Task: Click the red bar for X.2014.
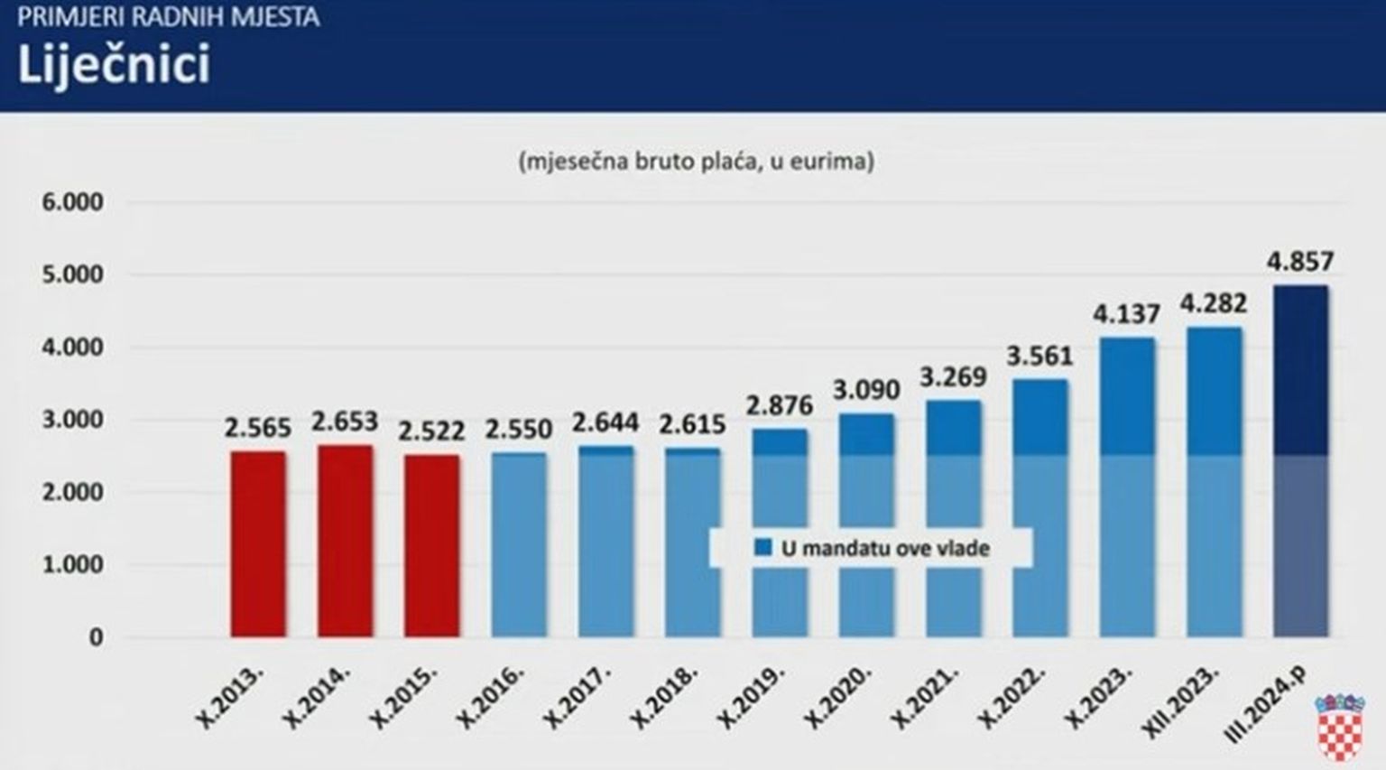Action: point(345,542)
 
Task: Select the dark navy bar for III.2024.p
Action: point(1300,460)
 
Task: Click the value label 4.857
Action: point(1300,262)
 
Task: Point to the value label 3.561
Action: point(1039,357)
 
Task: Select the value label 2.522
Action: point(431,431)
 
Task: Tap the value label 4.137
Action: point(1126,314)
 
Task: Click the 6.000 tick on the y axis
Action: point(72,202)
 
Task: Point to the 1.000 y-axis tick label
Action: point(72,565)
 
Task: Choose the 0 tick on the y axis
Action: point(96,637)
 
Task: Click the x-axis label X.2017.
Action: point(577,696)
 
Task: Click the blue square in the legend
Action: point(763,548)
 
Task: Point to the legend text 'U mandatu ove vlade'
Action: point(885,548)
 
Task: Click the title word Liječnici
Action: point(114,65)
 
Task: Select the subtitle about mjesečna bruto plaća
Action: point(696,161)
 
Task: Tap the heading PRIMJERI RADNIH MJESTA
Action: point(168,17)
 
